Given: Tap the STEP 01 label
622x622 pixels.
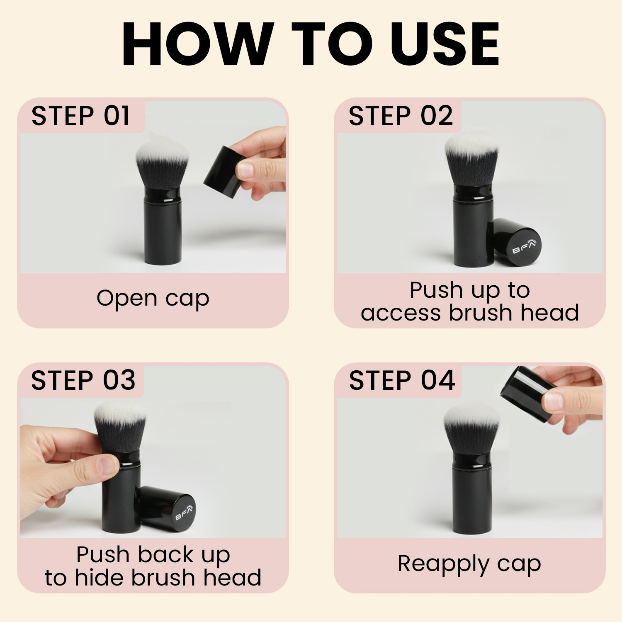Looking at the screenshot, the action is [x=80, y=116].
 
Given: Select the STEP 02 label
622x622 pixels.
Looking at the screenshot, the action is [x=401, y=116].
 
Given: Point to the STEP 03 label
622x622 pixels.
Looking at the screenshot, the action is [x=83, y=380].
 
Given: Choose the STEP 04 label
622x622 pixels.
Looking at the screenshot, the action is [x=402, y=380].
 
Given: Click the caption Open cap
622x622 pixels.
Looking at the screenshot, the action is [x=153, y=299].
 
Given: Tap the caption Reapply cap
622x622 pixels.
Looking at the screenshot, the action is [x=469, y=564].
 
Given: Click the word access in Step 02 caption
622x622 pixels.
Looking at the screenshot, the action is [x=401, y=313].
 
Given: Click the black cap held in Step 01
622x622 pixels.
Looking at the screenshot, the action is [x=223, y=172].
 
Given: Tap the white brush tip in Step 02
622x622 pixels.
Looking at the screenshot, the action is [x=471, y=143].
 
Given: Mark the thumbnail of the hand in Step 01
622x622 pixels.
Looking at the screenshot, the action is [x=245, y=170].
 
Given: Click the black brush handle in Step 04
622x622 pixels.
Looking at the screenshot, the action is [x=470, y=493].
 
